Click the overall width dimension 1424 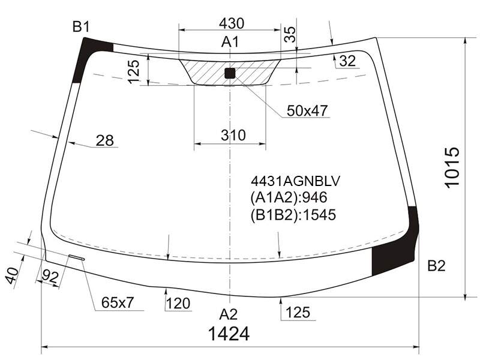click(x=229, y=334)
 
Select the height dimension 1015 click(x=452, y=168)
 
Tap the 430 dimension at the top click(x=232, y=23)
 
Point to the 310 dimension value click(x=233, y=135)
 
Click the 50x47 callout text click(x=307, y=110)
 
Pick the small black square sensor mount click(x=230, y=73)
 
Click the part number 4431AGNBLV click(x=295, y=181)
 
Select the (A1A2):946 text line click(x=289, y=197)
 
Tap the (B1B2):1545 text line click(x=293, y=215)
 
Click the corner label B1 click(x=81, y=27)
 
